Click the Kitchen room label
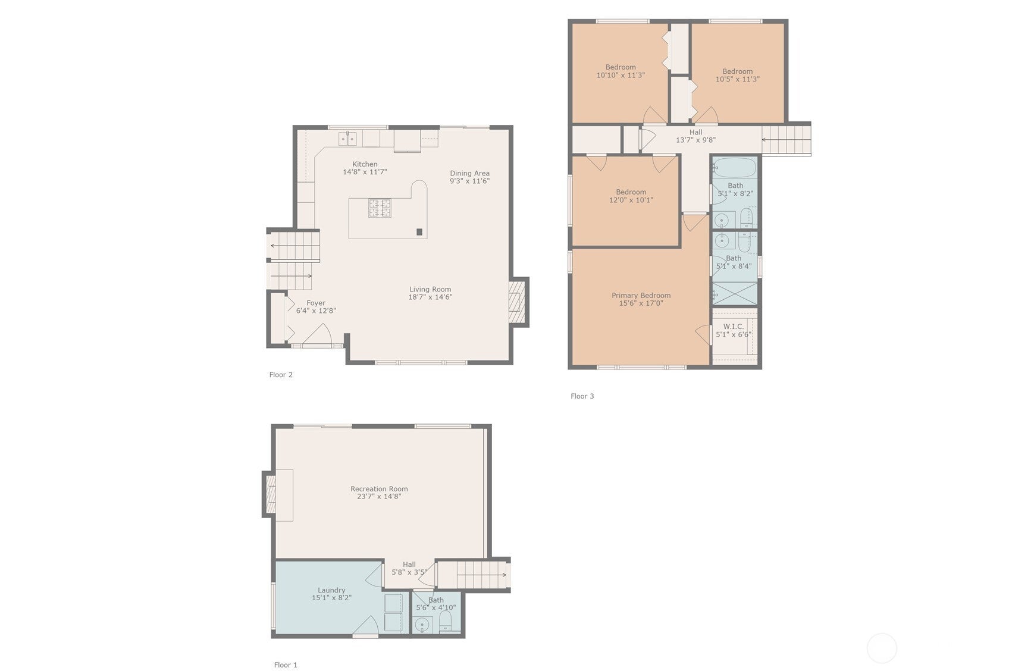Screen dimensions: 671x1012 (x=365, y=164)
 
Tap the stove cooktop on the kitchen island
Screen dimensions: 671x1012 (x=379, y=208)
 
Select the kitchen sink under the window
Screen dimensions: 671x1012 (x=347, y=139)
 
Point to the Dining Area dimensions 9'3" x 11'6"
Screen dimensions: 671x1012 (x=469, y=181)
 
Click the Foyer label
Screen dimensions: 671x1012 (x=315, y=303)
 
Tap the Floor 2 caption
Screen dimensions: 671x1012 (x=281, y=375)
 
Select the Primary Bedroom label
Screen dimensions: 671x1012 (x=641, y=295)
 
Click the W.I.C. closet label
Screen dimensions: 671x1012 (x=733, y=327)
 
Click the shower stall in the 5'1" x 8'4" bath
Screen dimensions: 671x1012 (x=735, y=293)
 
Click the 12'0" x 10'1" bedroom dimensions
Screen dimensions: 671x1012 (x=631, y=200)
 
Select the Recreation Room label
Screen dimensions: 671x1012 (x=379, y=489)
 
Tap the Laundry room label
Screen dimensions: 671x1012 (x=331, y=590)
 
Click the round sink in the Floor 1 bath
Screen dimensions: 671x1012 (x=422, y=625)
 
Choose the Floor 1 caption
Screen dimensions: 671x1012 (x=286, y=665)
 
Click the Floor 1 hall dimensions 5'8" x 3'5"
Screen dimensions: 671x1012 (x=409, y=572)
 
